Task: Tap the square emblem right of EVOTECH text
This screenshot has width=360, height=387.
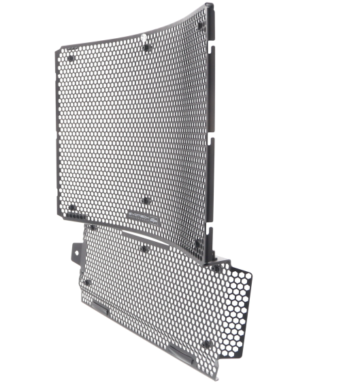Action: coord(154,219)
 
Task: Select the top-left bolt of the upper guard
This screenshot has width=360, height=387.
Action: coord(71,58)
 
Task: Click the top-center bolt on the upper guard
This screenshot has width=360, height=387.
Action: coord(146,48)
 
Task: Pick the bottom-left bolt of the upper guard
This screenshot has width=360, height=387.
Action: coord(71,207)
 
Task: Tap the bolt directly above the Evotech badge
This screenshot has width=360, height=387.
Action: coord(145,200)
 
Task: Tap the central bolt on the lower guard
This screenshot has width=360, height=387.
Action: coord(145,249)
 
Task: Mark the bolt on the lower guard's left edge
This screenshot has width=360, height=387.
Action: coord(86,281)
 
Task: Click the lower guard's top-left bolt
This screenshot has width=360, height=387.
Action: coord(92,228)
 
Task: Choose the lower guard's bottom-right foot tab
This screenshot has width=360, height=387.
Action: coord(180,353)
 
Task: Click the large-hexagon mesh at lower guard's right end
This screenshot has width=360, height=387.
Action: coord(235,300)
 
